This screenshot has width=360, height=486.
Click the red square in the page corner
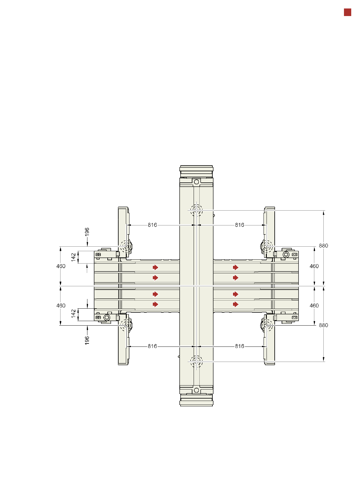pos(347,12)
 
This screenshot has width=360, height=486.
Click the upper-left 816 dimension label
pos(152,225)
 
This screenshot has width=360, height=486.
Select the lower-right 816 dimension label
pos(240,346)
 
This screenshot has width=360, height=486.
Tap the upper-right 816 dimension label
pos(240,225)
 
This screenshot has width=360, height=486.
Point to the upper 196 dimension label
pos(87,232)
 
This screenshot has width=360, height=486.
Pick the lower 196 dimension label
pos(87,340)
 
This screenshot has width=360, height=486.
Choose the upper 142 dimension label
pos(74,257)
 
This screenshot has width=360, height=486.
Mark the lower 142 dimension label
pos(74,313)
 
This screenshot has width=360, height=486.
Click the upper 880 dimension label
pos(323,246)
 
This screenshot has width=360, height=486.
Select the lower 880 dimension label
pos(323,325)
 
